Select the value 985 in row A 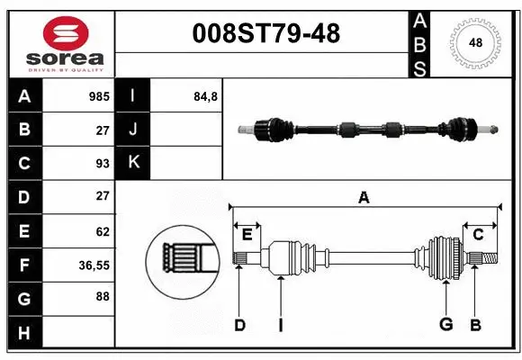click(98, 95)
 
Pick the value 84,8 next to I click(205, 95)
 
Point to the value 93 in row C click(102, 163)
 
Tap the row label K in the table click(133, 163)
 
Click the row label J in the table click(133, 130)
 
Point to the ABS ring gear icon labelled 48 click(473, 42)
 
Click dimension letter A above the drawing click(364, 198)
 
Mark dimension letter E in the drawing click(247, 235)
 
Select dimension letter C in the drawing click(478, 235)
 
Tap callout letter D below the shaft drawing click(239, 326)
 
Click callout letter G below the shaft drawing click(445, 326)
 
